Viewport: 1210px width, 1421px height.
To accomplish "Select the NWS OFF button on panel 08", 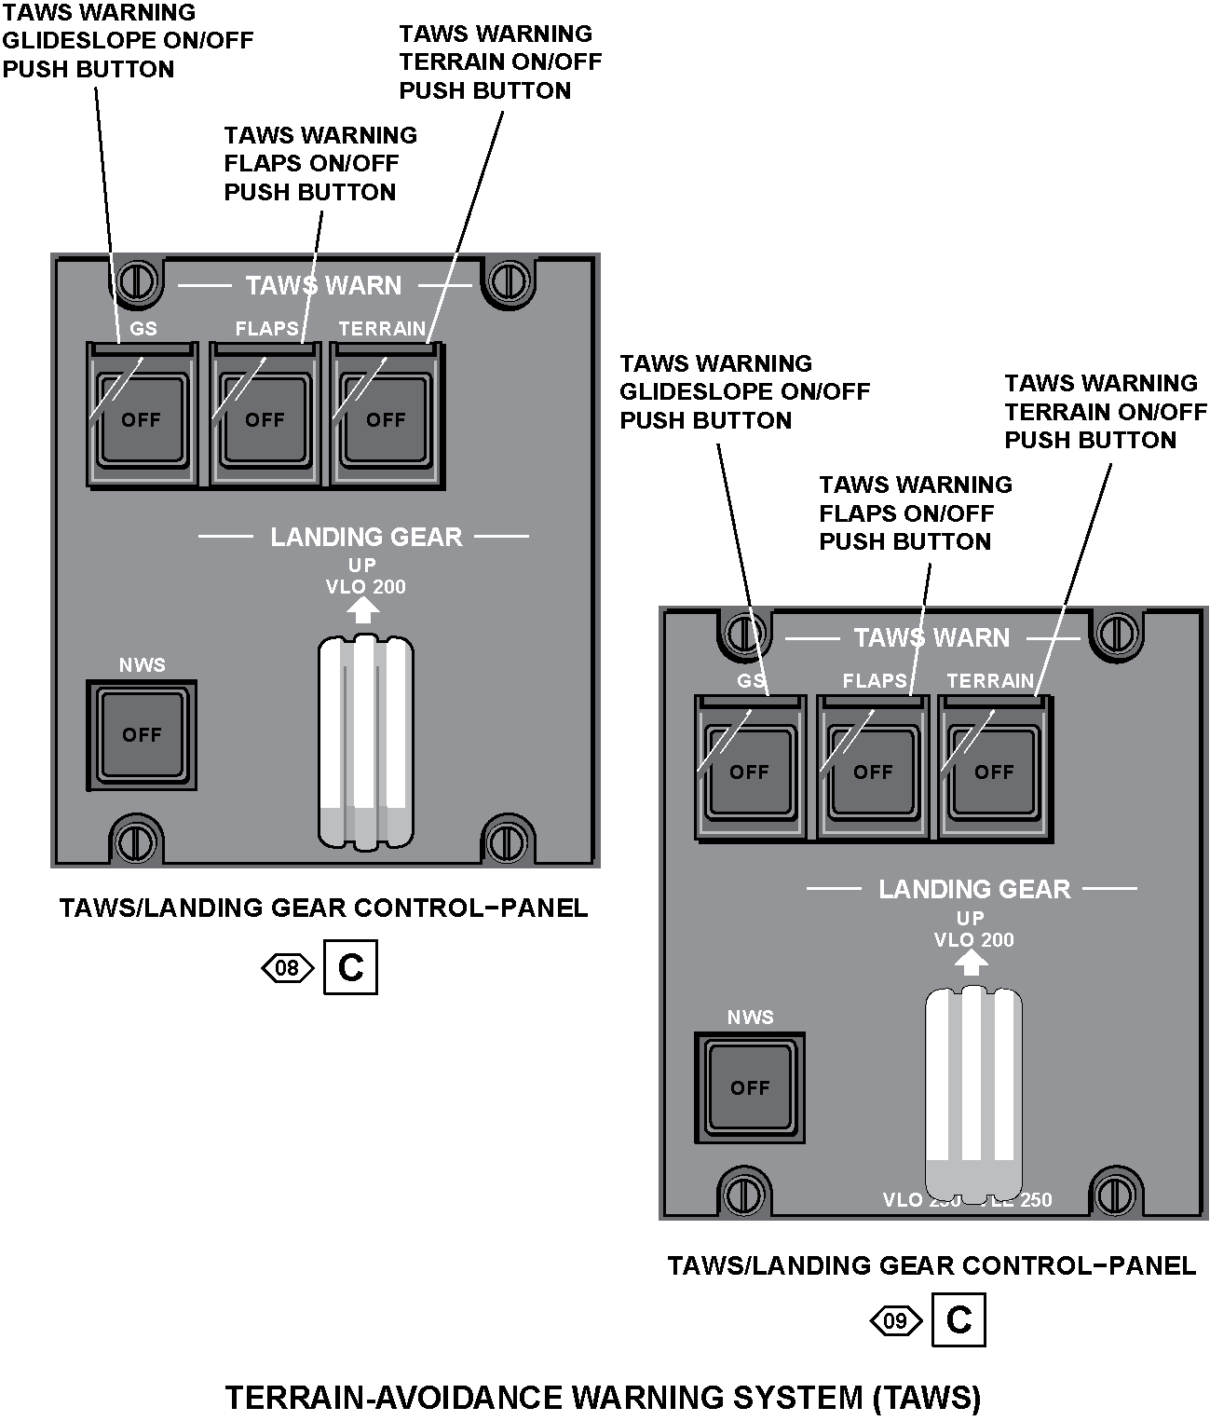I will coord(142,734).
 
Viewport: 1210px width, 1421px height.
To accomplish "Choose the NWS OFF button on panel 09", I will coord(750,1086).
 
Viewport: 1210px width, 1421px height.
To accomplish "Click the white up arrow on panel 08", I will coord(363,609).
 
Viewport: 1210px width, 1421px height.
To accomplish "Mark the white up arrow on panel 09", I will coord(972,963).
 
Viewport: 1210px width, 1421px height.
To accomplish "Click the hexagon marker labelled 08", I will coord(287,969).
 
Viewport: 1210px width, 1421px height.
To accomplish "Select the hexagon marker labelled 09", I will coord(895,1321).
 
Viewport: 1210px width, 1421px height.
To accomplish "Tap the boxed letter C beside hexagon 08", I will coord(350,968).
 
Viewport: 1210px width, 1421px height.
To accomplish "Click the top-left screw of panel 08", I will coord(137,279).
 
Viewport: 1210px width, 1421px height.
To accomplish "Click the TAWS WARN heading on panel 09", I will coord(931,637).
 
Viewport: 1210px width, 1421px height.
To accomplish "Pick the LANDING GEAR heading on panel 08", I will coord(366,537).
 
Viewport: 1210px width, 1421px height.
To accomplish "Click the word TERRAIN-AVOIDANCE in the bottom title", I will coord(391,1398).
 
